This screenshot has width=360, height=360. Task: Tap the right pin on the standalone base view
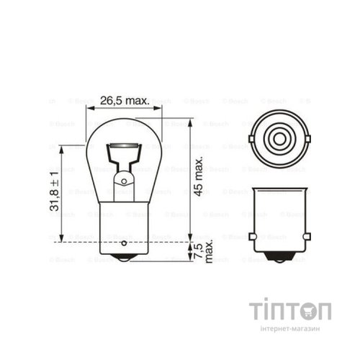(305, 235)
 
